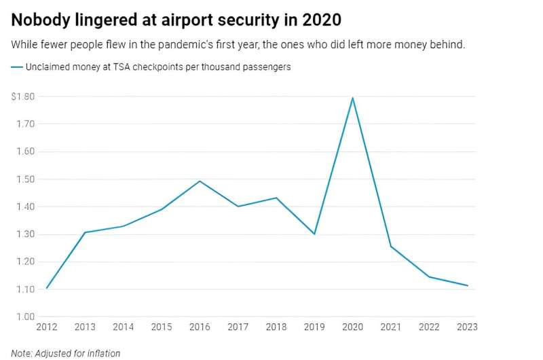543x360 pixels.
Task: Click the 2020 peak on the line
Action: click(x=352, y=98)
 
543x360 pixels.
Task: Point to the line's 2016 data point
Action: click(x=200, y=181)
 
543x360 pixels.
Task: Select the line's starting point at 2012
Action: click(x=47, y=288)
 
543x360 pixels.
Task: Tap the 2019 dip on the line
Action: click(x=314, y=234)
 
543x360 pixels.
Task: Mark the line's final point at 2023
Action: click(x=467, y=285)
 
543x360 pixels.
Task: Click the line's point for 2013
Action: click(x=85, y=232)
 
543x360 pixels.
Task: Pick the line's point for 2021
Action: click(x=390, y=246)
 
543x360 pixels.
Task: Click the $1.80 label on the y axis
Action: click(x=24, y=96)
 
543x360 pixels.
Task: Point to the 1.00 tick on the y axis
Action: click(x=26, y=317)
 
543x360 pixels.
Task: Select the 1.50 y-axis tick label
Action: click(x=26, y=179)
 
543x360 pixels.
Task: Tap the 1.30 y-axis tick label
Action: click(x=26, y=234)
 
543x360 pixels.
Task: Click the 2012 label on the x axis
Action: click(x=47, y=327)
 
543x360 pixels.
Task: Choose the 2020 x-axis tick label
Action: click(x=352, y=327)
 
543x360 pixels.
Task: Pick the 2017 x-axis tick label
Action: click(x=238, y=327)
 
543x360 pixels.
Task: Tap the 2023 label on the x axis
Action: click(x=466, y=327)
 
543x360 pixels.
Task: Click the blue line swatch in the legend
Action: click(x=16, y=67)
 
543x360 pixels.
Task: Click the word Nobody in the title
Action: click(x=39, y=20)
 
